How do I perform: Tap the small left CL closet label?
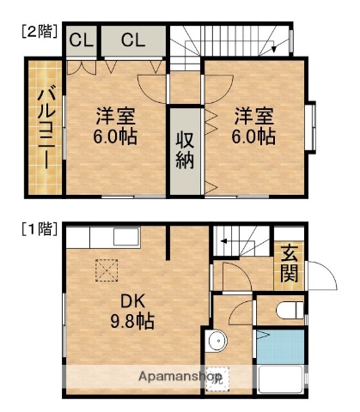coord(82,39)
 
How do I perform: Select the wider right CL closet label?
coord(132,39)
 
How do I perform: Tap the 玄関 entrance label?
coord(289,264)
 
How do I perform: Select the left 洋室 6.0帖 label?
coord(116,125)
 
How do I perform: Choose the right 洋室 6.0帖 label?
coord(253,125)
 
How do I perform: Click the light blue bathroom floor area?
coord(280,348)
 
